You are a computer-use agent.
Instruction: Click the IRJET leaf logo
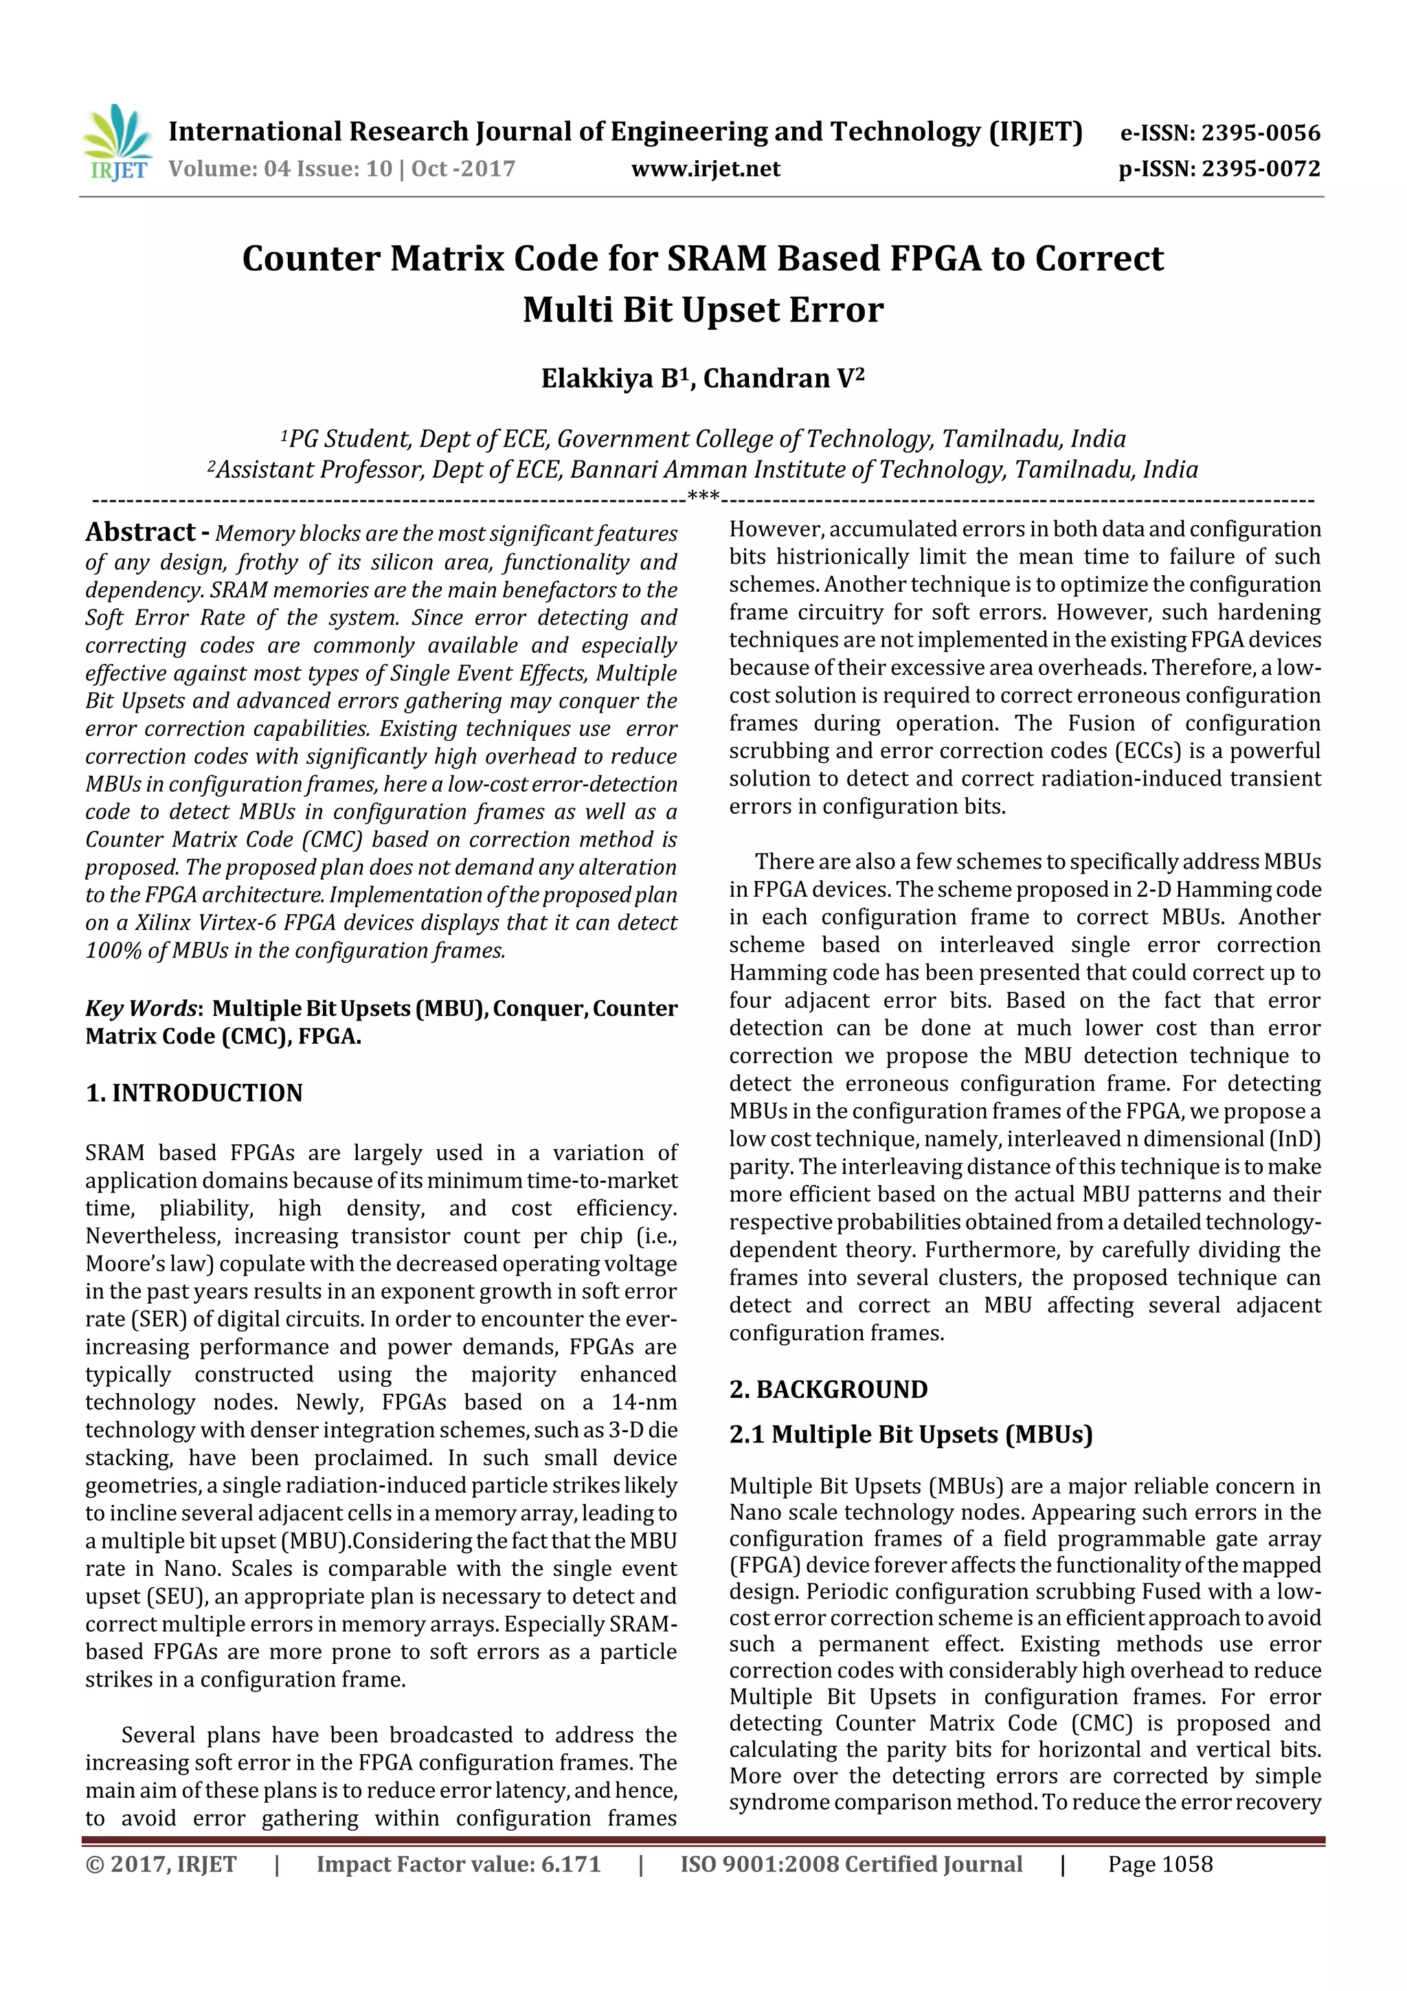point(116,142)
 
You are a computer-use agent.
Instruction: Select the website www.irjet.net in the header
point(705,168)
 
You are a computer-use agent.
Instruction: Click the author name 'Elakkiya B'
point(614,379)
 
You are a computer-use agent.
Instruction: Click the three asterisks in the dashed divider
point(702,497)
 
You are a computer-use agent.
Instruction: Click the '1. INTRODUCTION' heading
point(194,1093)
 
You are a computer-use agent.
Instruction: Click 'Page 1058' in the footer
point(1160,1865)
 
